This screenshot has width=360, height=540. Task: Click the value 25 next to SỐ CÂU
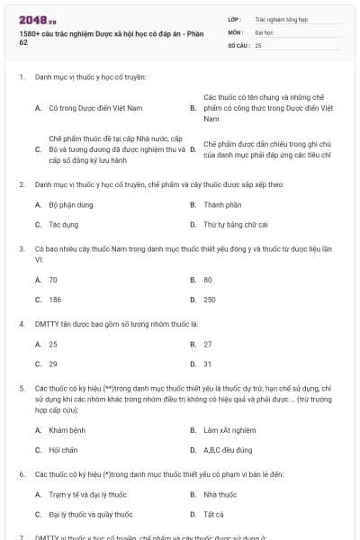pos(258,44)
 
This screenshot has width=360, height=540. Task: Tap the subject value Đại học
pos(264,31)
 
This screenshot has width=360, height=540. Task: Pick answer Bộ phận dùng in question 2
pos(71,204)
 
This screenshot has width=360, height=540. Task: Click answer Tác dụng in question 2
pos(63,224)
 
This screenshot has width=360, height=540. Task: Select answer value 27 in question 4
pos(208,344)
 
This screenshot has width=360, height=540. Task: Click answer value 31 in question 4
pos(208,364)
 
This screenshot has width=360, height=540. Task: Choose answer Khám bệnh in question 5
pos(67,430)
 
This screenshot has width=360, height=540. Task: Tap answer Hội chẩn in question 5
pos(65,449)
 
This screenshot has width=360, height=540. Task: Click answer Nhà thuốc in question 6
pos(220,494)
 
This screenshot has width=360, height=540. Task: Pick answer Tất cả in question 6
pos(214,514)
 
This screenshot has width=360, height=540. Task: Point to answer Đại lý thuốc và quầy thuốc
pos(91,514)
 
